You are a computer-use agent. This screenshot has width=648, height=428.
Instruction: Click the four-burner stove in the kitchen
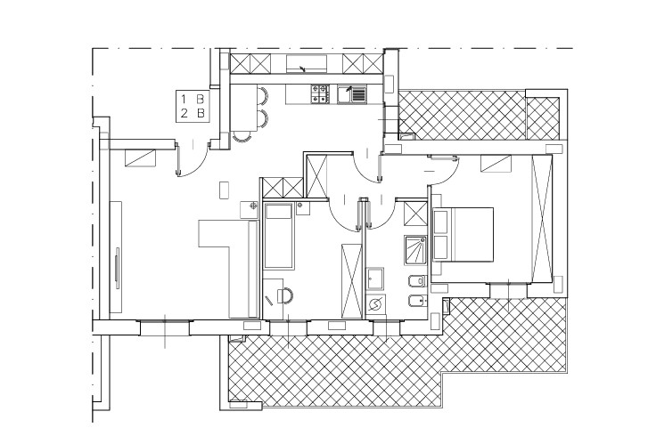(320, 93)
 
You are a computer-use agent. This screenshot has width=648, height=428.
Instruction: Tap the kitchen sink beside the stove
(352, 93)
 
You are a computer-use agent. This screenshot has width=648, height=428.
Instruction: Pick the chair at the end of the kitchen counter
(242, 137)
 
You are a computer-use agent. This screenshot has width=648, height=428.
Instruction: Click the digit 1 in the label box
(184, 99)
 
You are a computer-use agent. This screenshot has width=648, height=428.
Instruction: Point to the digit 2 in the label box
(184, 113)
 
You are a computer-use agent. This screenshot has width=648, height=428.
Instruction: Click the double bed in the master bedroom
(463, 234)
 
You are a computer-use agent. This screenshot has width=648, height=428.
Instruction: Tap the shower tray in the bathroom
(415, 250)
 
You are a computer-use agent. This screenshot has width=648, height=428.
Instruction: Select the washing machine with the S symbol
(375, 305)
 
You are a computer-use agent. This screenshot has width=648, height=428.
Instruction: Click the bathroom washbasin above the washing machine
(375, 279)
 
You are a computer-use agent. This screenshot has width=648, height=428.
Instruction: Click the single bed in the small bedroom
(279, 236)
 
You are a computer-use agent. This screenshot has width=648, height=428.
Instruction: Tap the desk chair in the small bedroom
(285, 295)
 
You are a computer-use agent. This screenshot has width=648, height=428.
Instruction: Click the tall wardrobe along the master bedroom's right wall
(542, 217)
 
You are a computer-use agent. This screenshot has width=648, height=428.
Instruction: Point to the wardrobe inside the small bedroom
(352, 281)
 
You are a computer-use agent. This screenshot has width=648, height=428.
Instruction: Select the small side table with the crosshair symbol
(250, 209)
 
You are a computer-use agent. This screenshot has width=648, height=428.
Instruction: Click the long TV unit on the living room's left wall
(116, 257)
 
